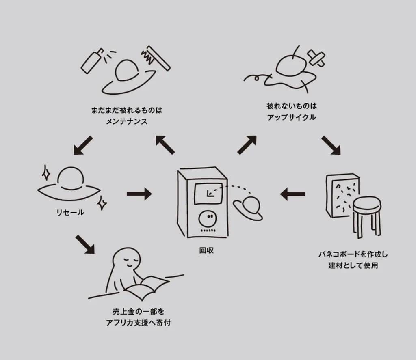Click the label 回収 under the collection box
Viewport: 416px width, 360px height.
206,250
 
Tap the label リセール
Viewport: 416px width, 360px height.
70,212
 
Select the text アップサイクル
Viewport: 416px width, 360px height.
292,118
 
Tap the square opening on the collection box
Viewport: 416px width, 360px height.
208,194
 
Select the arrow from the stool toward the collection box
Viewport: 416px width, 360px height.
293,194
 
